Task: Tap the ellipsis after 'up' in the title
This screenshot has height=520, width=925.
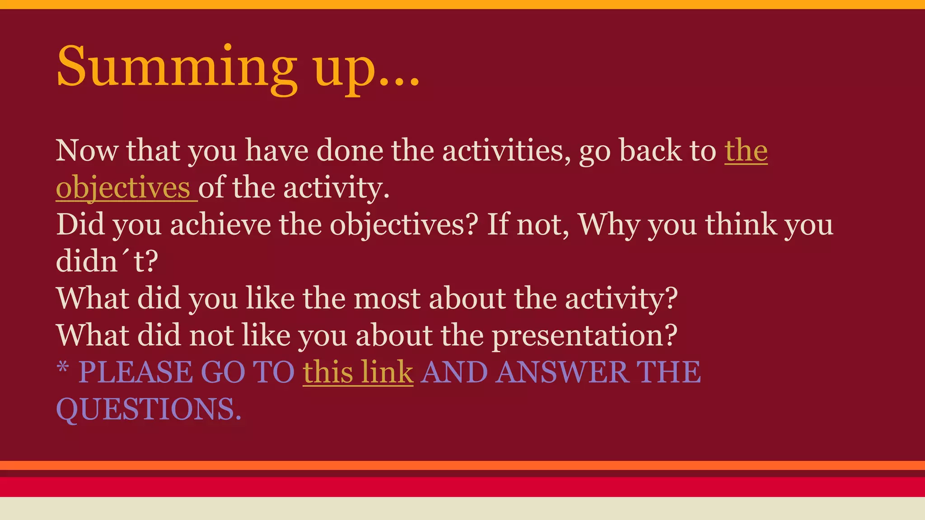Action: [399, 81]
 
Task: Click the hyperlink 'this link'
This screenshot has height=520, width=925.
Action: [358, 373]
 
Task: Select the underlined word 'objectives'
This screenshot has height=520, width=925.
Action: [123, 188]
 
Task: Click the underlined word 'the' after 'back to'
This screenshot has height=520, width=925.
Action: [746, 151]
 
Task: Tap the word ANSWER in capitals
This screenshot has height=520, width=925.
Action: [561, 373]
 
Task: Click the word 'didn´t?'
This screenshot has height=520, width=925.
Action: [107, 262]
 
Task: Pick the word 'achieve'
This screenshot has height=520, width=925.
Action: [220, 225]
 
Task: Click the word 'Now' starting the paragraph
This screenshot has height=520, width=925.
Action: [87, 151]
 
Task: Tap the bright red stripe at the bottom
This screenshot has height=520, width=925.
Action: [462, 487]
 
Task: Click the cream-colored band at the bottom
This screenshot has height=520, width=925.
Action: [462, 509]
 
